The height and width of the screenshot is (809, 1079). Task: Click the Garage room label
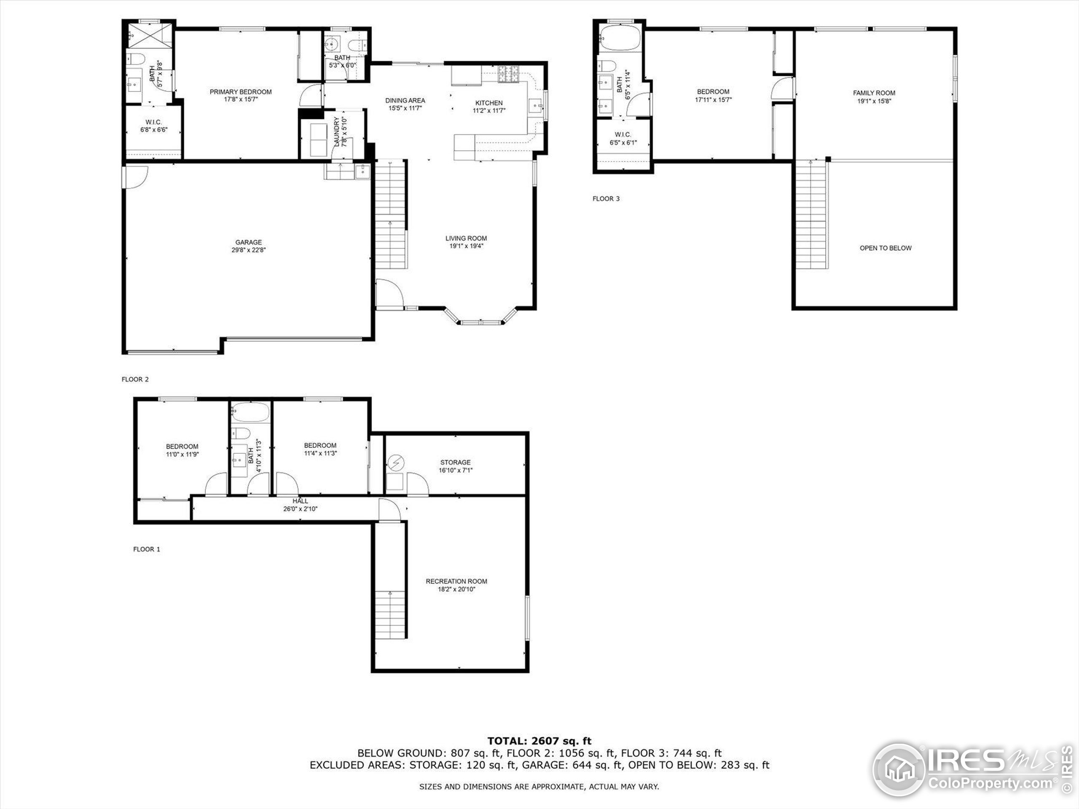(x=248, y=242)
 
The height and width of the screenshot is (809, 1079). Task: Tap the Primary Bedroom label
(x=241, y=92)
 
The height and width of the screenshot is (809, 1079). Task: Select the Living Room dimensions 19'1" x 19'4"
(x=466, y=246)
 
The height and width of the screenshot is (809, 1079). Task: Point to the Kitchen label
(x=489, y=103)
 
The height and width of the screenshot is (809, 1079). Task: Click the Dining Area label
(x=405, y=100)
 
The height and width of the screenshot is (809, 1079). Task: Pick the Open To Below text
(x=886, y=248)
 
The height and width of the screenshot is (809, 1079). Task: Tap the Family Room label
(x=874, y=93)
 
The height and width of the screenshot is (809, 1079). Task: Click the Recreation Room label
(x=456, y=581)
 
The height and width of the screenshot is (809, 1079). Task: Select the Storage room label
(x=455, y=462)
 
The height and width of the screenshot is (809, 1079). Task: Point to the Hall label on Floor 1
(x=300, y=501)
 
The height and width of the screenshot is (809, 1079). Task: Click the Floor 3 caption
(x=606, y=198)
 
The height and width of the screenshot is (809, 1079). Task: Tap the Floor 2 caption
(x=135, y=379)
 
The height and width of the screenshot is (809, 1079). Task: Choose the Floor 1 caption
(x=146, y=549)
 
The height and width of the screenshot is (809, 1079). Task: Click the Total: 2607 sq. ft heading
(x=539, y=741)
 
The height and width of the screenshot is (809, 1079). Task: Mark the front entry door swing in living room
(x=389, y=294)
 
